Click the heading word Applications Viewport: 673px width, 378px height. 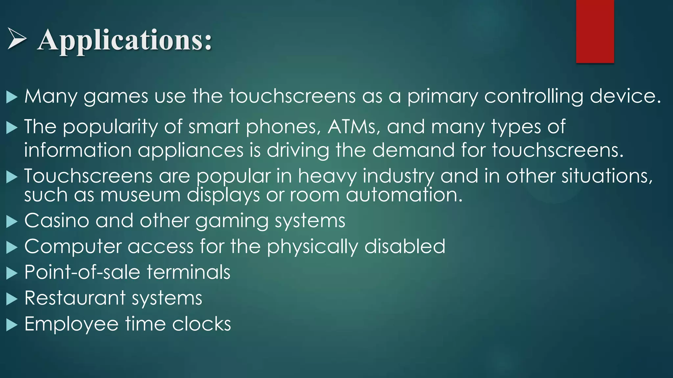(125, 40)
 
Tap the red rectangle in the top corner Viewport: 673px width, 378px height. (595, 31)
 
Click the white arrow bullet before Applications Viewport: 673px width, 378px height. (17, 39)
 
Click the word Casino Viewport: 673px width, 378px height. (57, 220)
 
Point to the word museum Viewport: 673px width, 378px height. (140, 195)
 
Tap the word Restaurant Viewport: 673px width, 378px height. (75, 298)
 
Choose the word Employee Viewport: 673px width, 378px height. (71, 324)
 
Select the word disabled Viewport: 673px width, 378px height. (405, 246)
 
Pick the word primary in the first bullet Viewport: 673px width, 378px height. (442, 97)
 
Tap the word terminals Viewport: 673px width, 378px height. (188, 272)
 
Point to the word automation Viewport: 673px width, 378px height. (404, 195)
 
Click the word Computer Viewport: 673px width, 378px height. (73, 246)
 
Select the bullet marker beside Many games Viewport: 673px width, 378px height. (12, 97)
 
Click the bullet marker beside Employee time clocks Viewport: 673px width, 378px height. (12, 325)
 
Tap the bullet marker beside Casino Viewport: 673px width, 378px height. (12, 221)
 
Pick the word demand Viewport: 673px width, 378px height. (413, 150)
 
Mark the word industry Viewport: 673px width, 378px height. (398, 176)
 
